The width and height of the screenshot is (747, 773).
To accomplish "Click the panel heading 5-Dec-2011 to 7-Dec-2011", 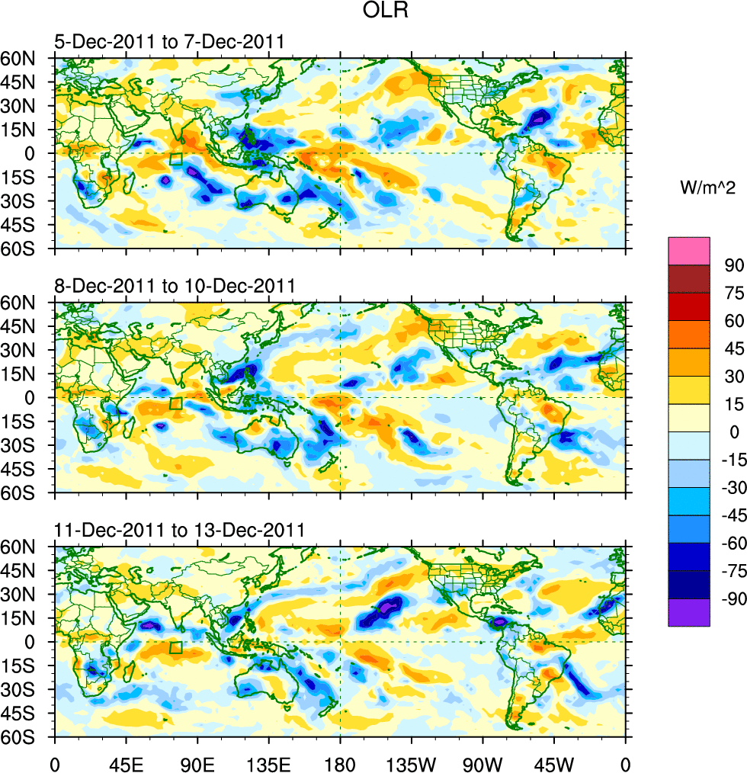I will pos(168,43).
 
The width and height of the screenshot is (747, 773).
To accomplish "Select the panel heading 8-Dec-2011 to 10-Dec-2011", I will pos(174,287).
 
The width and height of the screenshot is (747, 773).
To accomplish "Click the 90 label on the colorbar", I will pos(734,265).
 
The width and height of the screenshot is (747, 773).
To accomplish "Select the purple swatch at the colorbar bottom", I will pos(689,612).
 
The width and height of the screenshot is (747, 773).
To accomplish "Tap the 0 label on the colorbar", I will pos(734,431).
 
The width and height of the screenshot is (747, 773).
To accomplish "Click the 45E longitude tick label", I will pos(125,762).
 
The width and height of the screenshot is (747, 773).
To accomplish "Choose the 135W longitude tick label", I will pos(411,762).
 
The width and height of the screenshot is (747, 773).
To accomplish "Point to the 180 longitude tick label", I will pos(340,762).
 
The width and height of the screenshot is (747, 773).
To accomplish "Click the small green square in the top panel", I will pos(176,159).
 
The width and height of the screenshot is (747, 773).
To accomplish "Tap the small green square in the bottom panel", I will pos(176,648).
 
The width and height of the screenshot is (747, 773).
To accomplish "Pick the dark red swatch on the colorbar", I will pos(689,278).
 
